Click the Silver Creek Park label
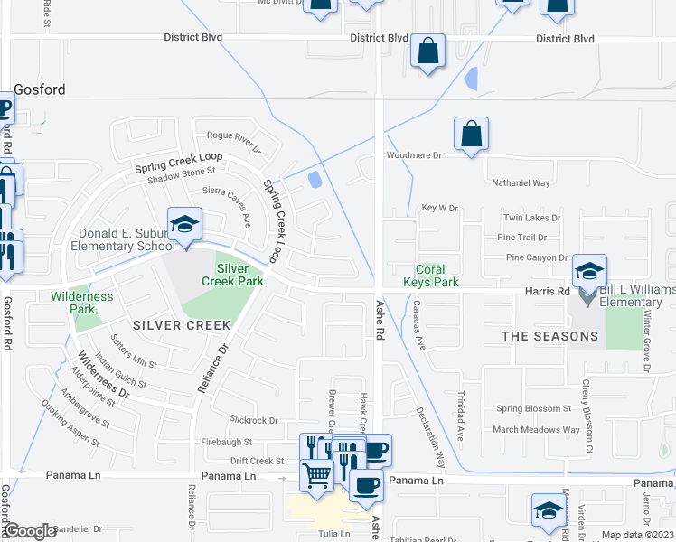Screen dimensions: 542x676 click(x=231, y=275)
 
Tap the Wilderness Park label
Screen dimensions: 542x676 click(x=82, y=303)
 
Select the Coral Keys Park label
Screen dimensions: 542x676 click(x=437, y=276)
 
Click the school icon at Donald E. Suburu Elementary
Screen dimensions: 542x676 click(x=184, y=225)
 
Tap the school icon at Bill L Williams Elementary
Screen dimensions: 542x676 click(x=589, y=271)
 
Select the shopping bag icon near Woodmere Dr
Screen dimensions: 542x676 click(x=471, y=135)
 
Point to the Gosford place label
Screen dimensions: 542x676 click(x=40, y=89)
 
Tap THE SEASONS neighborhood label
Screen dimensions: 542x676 click(x=550, y=336)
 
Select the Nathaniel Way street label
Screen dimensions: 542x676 click(x=521, y=183)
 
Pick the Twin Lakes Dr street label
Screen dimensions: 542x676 click(x=531, y=218)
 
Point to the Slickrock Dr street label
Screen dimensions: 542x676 click(x=254, y=420)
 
